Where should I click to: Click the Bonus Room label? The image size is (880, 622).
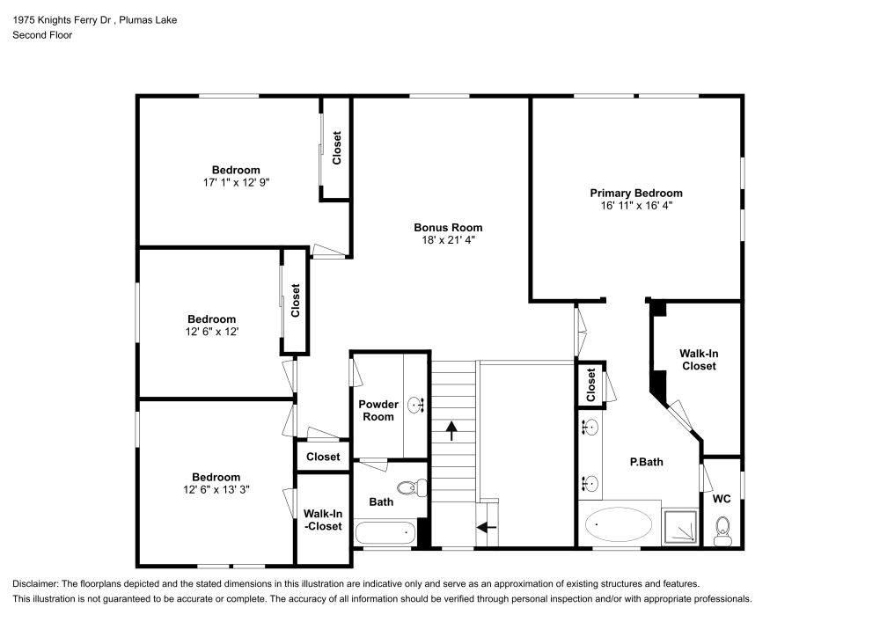pos(448,227)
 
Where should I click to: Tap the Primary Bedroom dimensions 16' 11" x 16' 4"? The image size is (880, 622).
pos(635,205)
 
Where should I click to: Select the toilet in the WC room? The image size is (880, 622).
pos(722,529)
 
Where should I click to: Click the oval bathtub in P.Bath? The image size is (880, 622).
pos(619,526)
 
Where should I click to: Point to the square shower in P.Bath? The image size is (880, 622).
pos(679,526)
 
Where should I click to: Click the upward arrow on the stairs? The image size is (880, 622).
pos(452,430)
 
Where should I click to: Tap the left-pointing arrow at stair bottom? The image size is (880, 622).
pos(486,528)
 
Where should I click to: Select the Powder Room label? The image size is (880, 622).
pos(378,410)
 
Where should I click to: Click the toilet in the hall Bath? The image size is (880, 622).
pos(410,487)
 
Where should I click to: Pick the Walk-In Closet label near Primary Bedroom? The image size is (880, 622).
pos(698,359)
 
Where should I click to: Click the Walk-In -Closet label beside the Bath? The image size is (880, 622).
pos(322,520)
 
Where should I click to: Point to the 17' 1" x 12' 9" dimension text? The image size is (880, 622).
pos(235,182)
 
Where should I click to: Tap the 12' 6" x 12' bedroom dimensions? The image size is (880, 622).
pos(211,332)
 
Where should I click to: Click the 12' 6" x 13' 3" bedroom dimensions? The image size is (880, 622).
pos(216,490)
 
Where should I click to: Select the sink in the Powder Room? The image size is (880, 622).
pos(417,405)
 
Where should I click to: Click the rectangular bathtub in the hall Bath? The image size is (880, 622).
pos(385,531)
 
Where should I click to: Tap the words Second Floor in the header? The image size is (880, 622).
pos(42,35)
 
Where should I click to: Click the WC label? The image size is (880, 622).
pos(722,499)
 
